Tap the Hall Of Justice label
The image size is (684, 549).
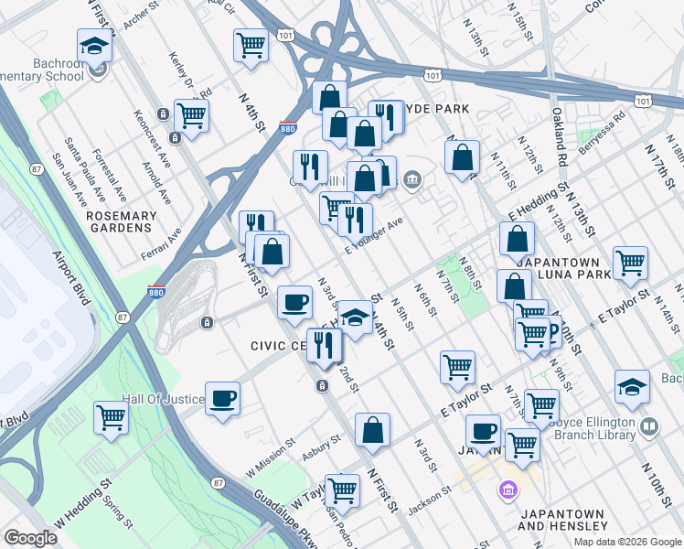tap(160, 400)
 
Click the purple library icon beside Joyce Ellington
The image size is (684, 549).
tap(648, 426)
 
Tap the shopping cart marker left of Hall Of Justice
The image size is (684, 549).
tap(112, 418)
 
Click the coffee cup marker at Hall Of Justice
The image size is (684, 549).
tap(222, 399)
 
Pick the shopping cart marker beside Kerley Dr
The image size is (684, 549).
tap(191, 116)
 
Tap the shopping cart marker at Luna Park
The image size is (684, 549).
tap(630, 264)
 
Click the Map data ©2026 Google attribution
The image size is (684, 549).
tap(627, 542)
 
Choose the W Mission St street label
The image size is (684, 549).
tap(271, 448)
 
